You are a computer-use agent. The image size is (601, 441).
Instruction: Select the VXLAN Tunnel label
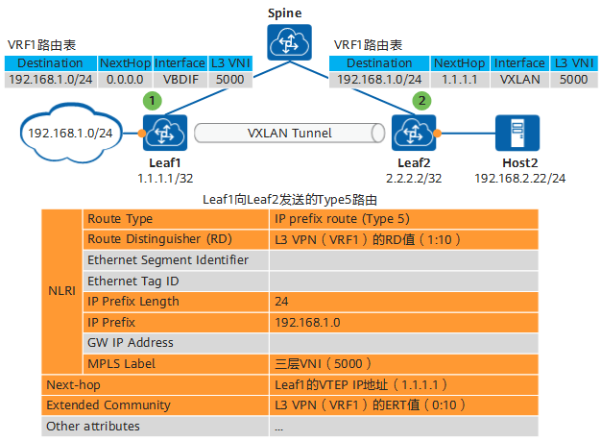(289, 133)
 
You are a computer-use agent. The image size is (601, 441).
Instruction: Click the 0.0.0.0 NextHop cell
(124, 80)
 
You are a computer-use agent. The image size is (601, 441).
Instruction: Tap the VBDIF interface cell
(180, 80)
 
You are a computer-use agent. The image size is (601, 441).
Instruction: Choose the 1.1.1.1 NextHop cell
(460, 80)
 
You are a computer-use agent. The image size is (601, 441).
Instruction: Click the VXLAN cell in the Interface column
(520, 80)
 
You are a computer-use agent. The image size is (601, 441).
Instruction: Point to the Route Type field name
(120, 219)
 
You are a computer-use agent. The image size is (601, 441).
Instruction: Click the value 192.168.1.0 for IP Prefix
(307, 322)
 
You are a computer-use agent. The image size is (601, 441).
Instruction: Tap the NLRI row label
(61, 291)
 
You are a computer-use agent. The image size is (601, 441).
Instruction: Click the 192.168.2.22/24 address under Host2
(519, 179)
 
